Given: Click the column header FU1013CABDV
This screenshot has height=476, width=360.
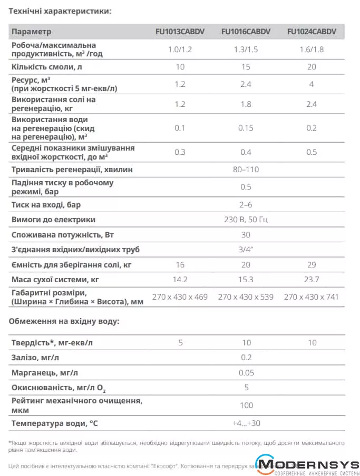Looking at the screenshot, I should point(180,32).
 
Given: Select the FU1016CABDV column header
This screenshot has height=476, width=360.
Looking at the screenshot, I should point(246,32).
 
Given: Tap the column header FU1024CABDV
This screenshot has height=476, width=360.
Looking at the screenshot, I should point(312,32).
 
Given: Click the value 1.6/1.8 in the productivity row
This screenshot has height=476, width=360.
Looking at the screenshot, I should point(312,49).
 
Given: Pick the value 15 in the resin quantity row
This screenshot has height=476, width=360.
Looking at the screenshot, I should point(246,67).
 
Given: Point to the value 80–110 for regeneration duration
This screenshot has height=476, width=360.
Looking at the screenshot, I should point(246,170).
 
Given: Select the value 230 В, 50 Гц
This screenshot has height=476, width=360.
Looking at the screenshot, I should point(246,220).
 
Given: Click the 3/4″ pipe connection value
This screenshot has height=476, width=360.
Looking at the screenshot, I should point(246,249).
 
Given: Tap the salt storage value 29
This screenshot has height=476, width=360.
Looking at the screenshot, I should point(312,264).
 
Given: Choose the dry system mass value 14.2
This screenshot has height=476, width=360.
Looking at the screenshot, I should point(180,280).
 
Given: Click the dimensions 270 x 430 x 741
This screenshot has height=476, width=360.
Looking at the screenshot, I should point(312,297).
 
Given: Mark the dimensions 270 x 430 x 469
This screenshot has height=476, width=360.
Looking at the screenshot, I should point(180,297).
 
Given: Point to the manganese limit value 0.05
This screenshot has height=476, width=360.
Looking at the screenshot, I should point(246,373).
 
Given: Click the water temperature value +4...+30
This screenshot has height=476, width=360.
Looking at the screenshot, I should point(246,423).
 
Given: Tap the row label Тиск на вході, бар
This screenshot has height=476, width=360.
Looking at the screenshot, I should point(46,204).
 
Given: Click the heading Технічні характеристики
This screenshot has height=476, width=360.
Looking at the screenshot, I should point(60,11).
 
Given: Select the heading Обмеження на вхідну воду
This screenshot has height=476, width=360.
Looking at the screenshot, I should point(64,321).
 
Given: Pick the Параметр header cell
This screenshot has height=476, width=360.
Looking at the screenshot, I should point(32,32).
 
